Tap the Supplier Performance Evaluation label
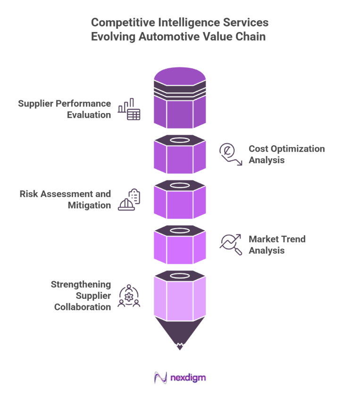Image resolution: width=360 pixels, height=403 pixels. [x=65, y=109]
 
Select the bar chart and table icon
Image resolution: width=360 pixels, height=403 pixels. [x=129, y=109]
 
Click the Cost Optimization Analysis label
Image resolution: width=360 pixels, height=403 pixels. [x=286, y=154]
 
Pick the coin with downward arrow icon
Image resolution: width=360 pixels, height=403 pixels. [x=229, y=154]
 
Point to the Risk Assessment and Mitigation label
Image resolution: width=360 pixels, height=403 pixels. [x=65, y=199]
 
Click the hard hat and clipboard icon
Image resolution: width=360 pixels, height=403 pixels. [x=129, y=199]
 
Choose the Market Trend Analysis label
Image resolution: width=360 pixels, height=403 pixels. [x=277, y=245]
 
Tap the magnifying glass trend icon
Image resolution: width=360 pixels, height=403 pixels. [x=230, y=244]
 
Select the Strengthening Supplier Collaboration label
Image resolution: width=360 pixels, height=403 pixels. [x=81, y=296]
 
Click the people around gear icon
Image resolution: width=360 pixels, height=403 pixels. [x=129, y=296]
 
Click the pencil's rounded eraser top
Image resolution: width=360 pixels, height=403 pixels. [x=180, y=75]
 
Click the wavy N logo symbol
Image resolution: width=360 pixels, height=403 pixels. [x=161, y=378]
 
